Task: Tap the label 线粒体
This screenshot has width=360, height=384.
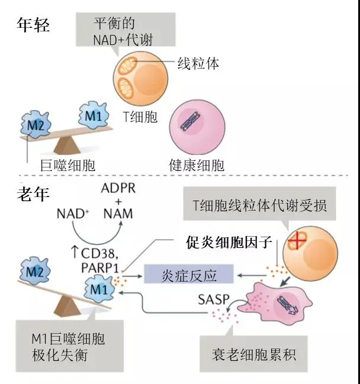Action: tap(198, 63)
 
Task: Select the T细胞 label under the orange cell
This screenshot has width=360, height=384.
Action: tap(141, 117)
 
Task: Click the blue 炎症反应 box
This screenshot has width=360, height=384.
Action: tap(189, 274)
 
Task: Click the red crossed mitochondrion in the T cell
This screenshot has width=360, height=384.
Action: tap(296, 243)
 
